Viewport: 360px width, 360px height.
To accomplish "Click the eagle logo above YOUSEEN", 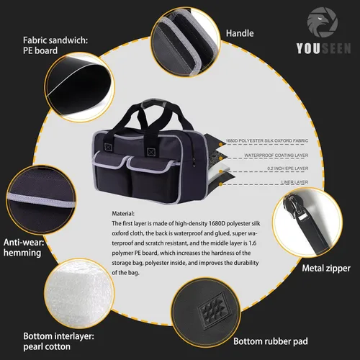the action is tap(323, 22).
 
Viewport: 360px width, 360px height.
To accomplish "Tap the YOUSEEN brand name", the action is tap(323, 48).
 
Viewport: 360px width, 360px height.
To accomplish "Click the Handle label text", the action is tap(240, 33).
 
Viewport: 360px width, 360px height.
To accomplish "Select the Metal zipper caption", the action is tap(326, 269).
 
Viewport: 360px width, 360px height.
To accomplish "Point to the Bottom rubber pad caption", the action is tap(271, 341).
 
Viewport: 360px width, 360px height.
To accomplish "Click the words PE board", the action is tap(40, 50).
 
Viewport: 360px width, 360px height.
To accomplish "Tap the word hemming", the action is tap(22, 253).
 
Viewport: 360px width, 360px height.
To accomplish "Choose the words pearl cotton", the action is tap(47, 347).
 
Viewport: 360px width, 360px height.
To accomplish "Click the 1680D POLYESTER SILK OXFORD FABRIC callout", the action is tap(267, 140).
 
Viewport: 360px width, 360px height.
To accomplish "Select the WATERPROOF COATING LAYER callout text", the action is tap(276, 156).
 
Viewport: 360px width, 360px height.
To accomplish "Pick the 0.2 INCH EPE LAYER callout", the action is tap(288, 168).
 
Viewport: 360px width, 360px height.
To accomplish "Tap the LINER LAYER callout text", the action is tap(294, 182).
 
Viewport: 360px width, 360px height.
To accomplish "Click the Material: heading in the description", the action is tap(123, 214).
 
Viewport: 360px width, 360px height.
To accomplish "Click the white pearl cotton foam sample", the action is tap(78, 293).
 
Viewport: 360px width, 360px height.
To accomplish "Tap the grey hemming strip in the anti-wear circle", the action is tap(41, 200).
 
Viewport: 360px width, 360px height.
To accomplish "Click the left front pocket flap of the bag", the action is tap(109, 160).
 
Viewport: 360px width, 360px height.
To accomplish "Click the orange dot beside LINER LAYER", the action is tap(221, 184).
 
